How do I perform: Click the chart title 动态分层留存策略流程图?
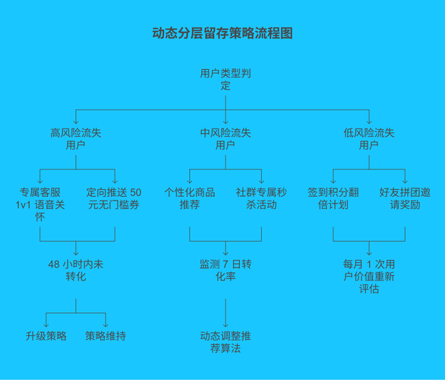coord(222,33)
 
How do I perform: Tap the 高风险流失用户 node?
coord(75,138)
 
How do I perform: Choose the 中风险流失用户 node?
coord(225,138)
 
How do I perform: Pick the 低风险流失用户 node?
coord(369,138)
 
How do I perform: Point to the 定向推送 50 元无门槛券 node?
coord(114,198)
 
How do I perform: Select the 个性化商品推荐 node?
coord(189,198)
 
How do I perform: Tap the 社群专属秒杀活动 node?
coord(261,198)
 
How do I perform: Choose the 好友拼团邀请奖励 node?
coord(405,198)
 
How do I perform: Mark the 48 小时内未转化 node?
coord(75,270)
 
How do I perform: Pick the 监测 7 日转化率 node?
coord(225,270)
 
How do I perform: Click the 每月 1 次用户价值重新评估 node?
coord(369,276)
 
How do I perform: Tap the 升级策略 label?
coord(46,335)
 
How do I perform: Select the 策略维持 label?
coord(106,335)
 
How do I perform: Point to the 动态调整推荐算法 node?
coord(225,341)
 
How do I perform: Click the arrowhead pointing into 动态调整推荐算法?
coord(225,324)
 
